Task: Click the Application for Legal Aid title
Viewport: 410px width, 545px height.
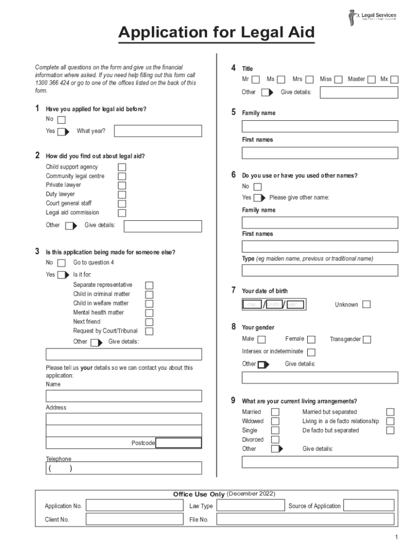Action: click(216, 33)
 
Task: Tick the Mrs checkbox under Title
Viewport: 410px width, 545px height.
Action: click(309, 80)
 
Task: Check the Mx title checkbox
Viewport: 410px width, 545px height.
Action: click(394, 80)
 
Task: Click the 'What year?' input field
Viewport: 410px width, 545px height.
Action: click(158, 131)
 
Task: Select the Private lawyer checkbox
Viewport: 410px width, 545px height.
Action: click(122, 185)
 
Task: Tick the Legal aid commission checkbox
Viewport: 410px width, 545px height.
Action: click(122, 213)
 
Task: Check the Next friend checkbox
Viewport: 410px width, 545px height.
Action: click(150, 322)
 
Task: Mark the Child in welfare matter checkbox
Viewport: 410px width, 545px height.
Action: click(150, 304)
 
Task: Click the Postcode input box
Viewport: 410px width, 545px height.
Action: click(179, 443)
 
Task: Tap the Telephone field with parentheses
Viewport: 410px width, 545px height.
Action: click(124, 468)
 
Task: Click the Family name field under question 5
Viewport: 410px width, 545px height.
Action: click(319, 127)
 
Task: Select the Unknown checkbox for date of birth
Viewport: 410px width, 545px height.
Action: click(366, 305)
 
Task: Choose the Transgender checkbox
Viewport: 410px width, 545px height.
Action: click(367, 340)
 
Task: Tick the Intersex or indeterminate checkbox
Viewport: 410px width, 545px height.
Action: click(311, 352)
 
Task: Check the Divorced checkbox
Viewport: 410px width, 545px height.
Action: click(275, 440)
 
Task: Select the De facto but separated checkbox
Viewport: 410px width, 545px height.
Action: click(390, 431)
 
